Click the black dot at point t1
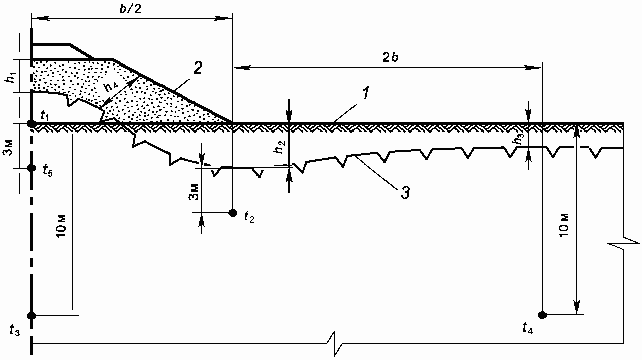pos(31,124)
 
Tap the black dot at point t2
pos(233,213)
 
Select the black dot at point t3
pos(31,316)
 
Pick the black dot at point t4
pos(542,315)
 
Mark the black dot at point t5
pos(31,168)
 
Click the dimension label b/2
pos(131,9)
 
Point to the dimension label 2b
pos(391,57)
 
